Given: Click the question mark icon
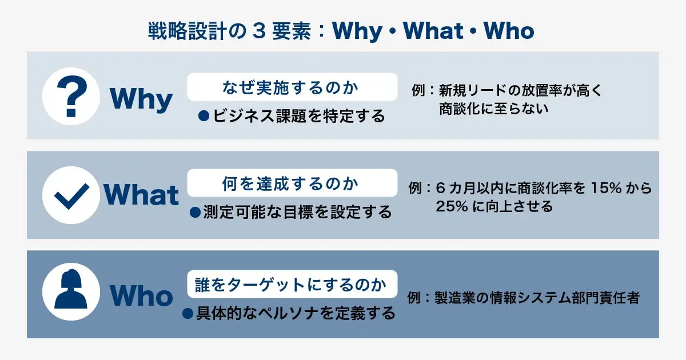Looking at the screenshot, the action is click(x=71, y=96).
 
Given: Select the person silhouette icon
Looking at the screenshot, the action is click(x=71, y=291).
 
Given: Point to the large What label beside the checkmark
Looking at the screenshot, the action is click(x=141, y=195).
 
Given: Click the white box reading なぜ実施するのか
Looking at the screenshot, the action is click(x=292, y=87).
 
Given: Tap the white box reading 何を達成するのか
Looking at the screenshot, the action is click(x=292, y=183).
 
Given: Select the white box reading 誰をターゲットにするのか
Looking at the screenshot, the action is click(x=292, y=284).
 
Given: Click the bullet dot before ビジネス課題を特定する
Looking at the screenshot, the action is click(x=204, y=116).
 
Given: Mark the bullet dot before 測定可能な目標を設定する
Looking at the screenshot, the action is click(x=195, y=212).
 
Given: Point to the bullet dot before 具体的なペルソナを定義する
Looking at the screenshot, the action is click(x=188, y=313).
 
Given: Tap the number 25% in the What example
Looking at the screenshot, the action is click(x=452, y=206).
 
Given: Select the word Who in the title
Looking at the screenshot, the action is click(x=509, y=31).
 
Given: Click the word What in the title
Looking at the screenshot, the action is click(x=433, y=31).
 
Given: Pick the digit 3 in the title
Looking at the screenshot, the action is click(x=260, y=31).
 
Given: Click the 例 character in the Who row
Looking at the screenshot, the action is click(x=414, y=298).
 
